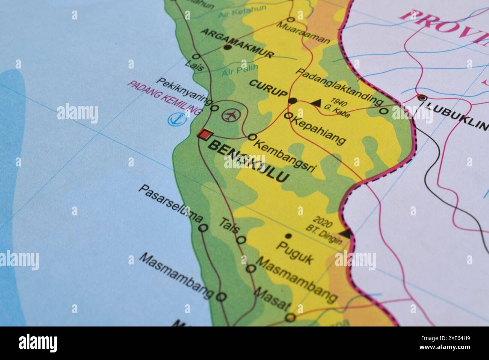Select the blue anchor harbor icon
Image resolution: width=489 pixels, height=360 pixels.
174,119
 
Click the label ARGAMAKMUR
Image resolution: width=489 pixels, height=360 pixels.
237,43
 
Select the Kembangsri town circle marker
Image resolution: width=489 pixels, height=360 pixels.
252,137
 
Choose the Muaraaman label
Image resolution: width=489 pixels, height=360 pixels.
304,32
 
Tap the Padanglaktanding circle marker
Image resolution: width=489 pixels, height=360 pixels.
383,111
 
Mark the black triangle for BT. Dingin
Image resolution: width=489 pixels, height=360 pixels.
347,232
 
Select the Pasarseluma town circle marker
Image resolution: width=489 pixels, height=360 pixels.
203,228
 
